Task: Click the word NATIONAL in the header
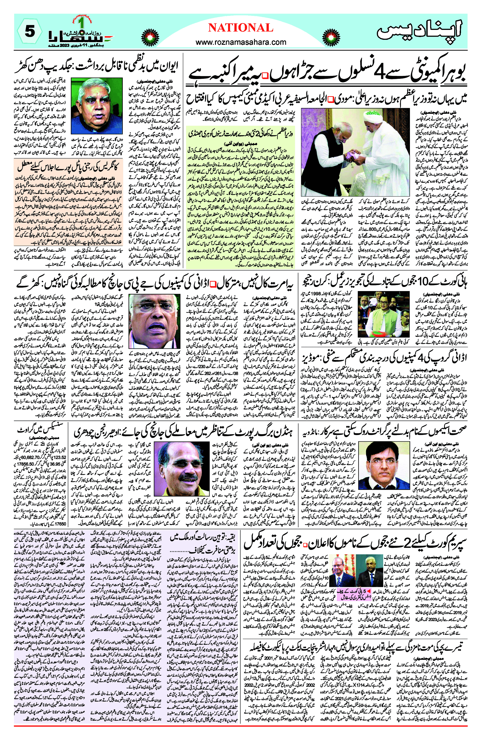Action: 240,28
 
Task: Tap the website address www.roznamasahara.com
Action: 240,42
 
